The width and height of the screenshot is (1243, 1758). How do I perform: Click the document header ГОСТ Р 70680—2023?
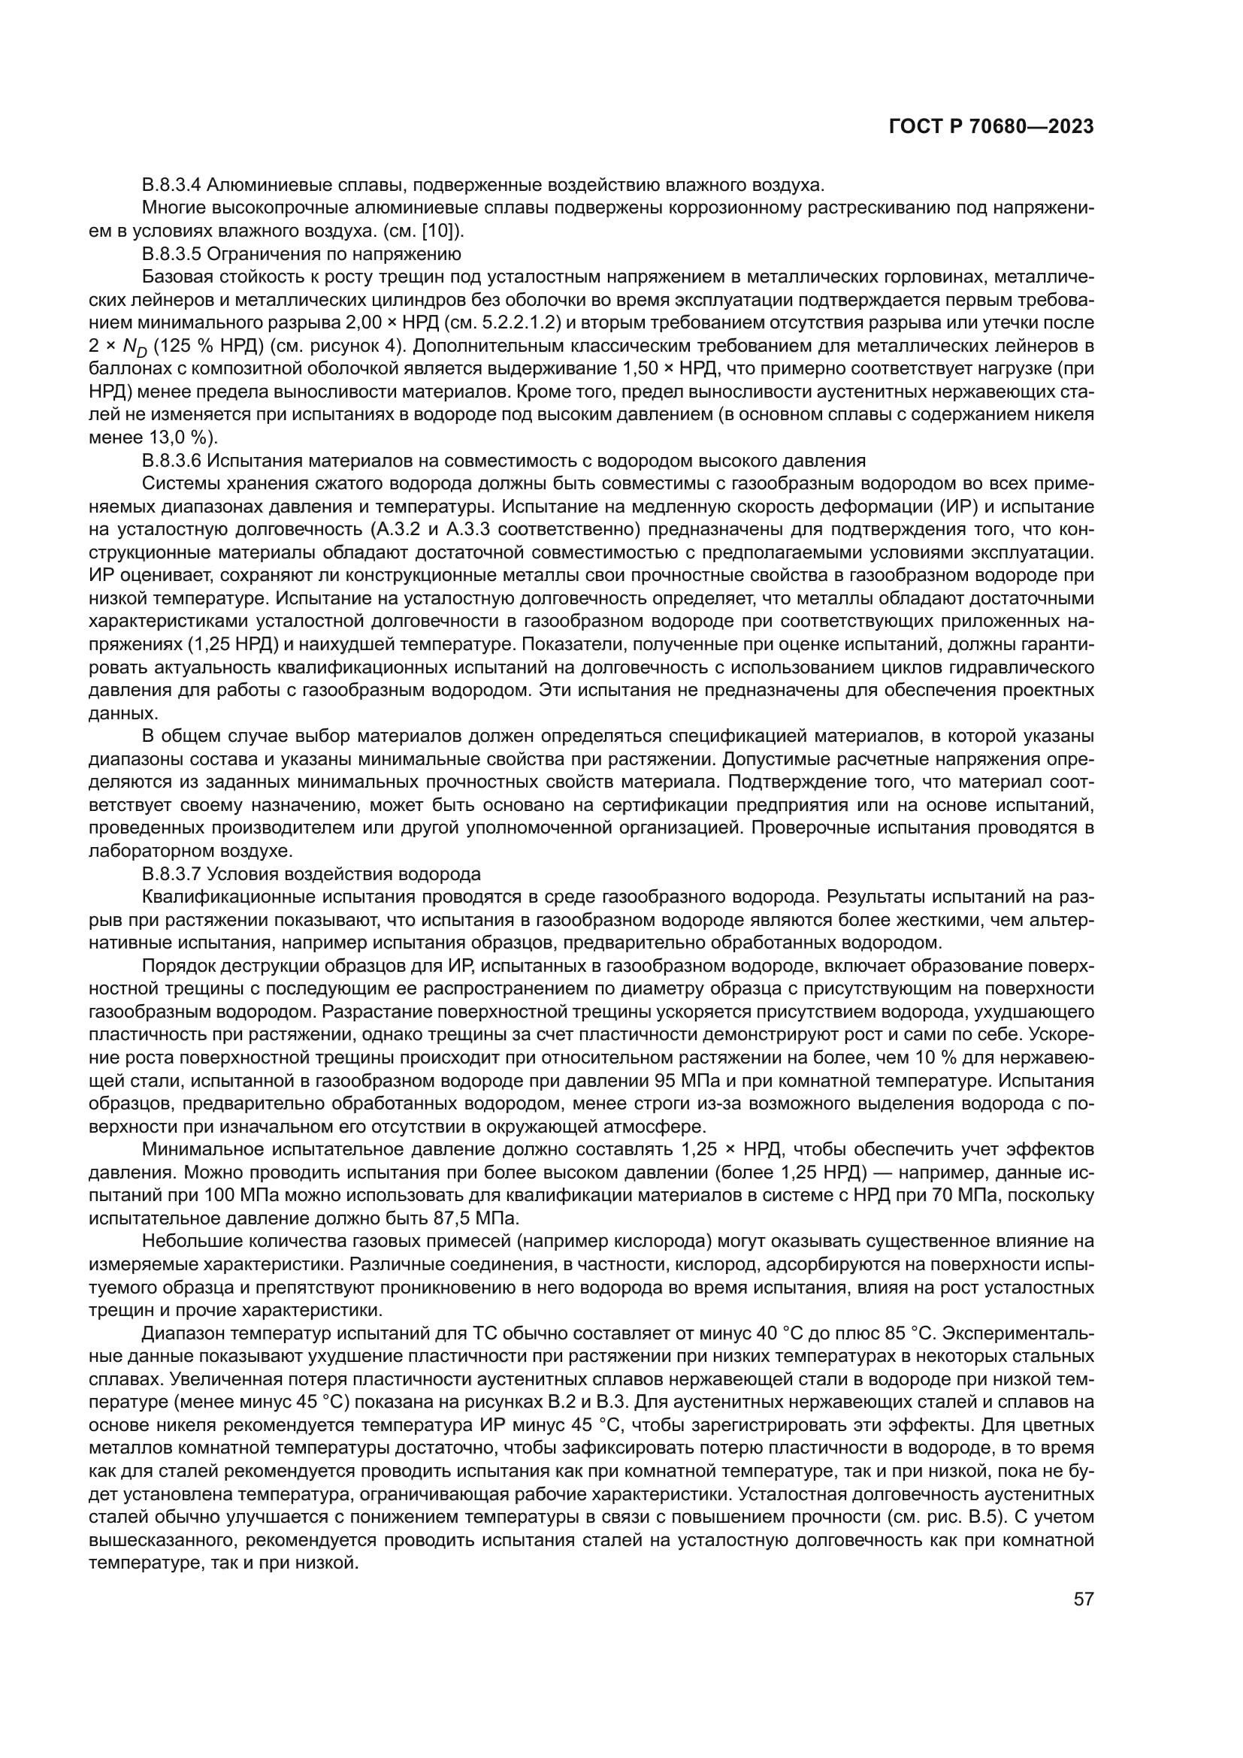991,127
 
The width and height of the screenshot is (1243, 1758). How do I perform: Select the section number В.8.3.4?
172,185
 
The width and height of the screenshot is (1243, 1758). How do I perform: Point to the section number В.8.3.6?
172,461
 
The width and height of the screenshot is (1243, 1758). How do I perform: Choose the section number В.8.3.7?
172,874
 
